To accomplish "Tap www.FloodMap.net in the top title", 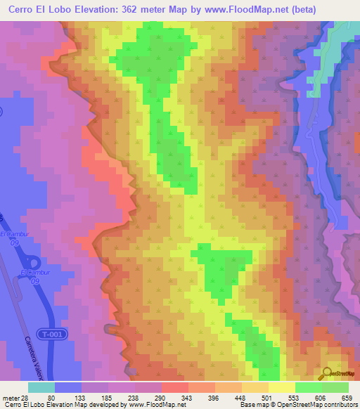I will click(243, 9).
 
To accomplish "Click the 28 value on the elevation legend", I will click(25, 397).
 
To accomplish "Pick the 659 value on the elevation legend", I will click(345, 397).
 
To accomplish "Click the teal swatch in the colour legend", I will click(41, 387).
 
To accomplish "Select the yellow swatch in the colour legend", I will click(281, 387).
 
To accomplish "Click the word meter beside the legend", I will click(11, 397).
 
